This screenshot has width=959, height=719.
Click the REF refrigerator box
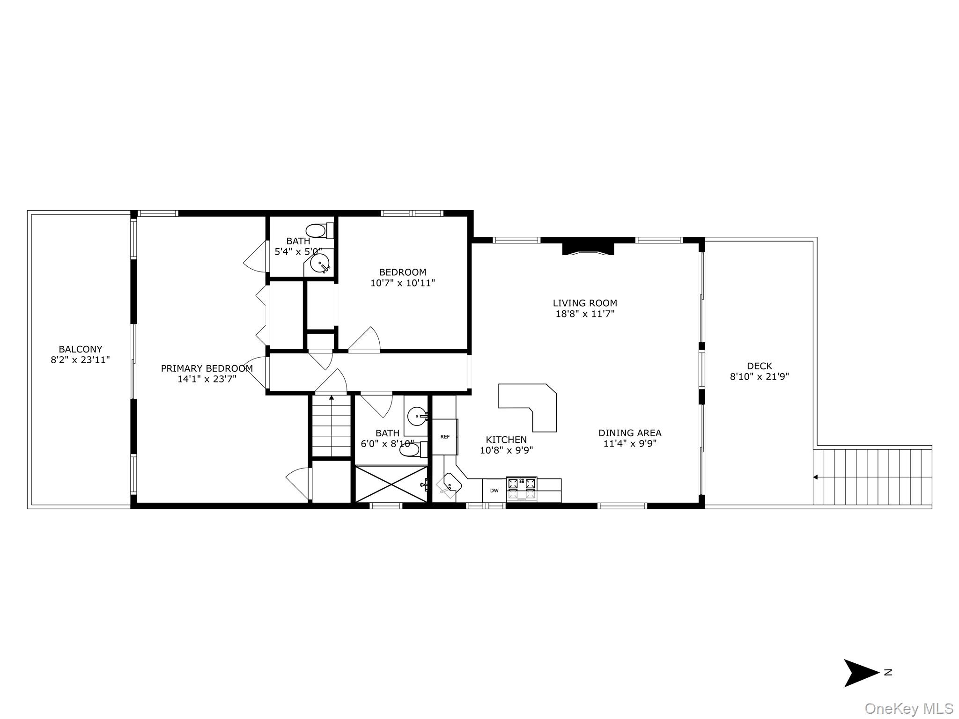(444, 437)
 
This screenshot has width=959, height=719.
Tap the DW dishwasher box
(494, 490)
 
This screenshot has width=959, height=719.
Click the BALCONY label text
(80, 349)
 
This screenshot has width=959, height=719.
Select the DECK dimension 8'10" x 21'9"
(760, 376)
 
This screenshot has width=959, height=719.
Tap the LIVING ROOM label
(585, 303)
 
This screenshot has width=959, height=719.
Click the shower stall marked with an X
(391, 484)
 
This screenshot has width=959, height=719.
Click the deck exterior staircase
(872, 477)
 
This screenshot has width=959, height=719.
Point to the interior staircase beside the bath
(332, 426)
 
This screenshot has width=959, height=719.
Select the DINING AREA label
(630, 433)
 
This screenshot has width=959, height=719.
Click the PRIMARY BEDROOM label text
(207, 368)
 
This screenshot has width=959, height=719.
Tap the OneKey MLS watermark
(908, 708)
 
